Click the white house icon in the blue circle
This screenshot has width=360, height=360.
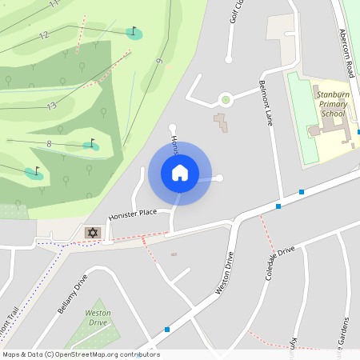click(x=180, y=173)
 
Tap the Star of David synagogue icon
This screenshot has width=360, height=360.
click(x=92, y=232)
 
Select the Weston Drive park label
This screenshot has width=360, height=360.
click(x=98, y=318)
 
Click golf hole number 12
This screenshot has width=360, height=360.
click(x=43, y=35)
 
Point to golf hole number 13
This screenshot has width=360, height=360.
click(x=51, y=106)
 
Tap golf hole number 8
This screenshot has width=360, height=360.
click(x=49, y=143)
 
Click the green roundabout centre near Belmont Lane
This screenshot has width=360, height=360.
click(x=226, y=100)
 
